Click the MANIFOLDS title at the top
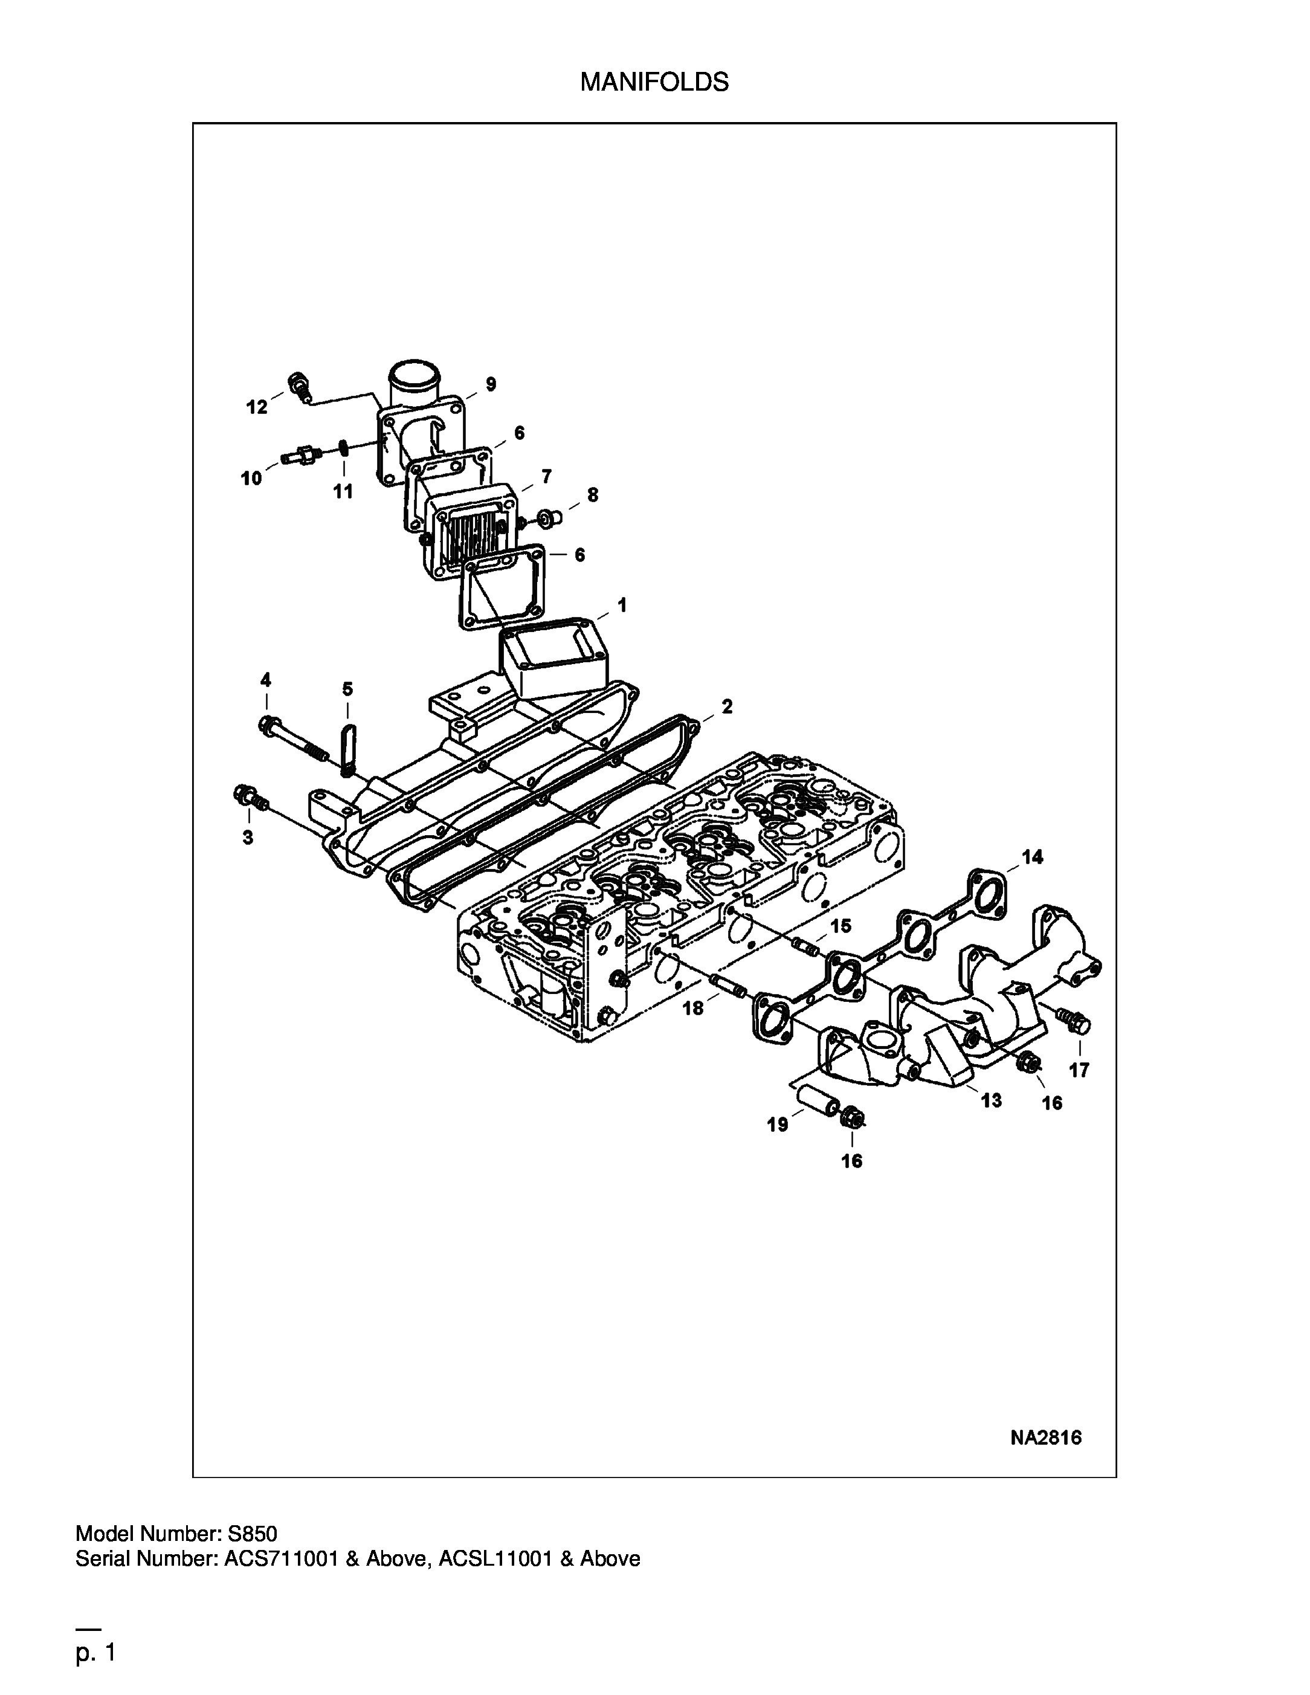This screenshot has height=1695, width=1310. (654, 82)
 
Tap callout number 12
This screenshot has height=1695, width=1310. (257, 407)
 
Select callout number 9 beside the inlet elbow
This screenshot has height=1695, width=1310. (491, 383)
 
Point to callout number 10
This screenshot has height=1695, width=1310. (251, 479)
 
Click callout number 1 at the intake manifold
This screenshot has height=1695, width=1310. (622, 605)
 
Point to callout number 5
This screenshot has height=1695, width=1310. (347, 689)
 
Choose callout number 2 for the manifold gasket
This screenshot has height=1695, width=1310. (726, 706)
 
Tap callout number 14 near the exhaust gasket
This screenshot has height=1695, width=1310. (1032, 857)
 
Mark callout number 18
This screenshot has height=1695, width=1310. (693, 1008)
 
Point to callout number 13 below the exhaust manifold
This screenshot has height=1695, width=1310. (991, 1100)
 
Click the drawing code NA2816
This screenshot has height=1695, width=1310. (1046, 1438)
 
